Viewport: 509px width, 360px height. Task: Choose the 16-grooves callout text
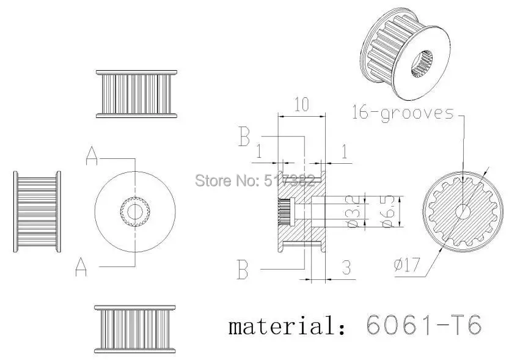tap(403, 113)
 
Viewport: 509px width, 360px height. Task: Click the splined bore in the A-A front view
tap(133, 211)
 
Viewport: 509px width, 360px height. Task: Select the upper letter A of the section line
tap(92, 157)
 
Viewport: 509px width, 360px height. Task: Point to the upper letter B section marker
tap(244, 138)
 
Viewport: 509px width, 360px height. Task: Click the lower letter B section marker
tap(243, 269)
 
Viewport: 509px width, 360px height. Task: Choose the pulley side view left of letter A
tap(37, 211)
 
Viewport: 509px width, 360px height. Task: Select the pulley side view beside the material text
tap(134, 329)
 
